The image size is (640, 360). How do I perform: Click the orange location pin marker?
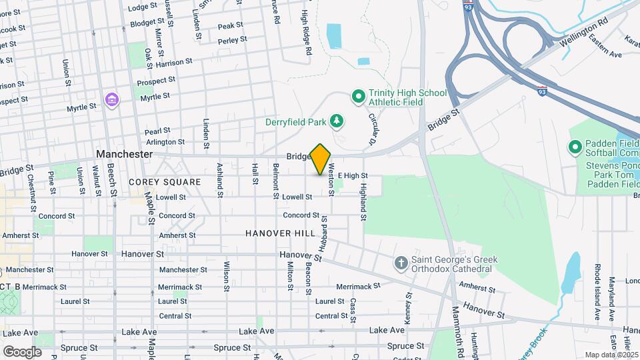321,159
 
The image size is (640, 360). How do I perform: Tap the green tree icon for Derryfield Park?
339,120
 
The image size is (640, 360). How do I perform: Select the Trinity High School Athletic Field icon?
358,97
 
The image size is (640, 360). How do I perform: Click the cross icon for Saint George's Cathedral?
401,263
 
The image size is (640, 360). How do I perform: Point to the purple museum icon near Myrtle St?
112,101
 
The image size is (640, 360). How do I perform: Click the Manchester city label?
124,154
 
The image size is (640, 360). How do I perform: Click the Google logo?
22,351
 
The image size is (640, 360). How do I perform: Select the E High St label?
357,175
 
